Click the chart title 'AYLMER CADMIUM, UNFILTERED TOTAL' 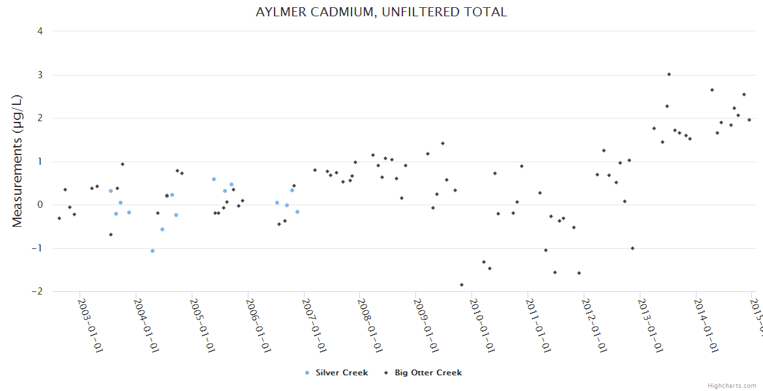click(x=381, y=12)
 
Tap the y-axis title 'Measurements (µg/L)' click(x=18, y=161)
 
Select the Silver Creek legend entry click(x=337, y=373)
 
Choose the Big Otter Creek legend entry click(x=424, y=373)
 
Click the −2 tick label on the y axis click(x=37, y=292)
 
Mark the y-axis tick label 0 click(x=40, y=205)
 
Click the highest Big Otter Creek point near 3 click(x=668, y=74)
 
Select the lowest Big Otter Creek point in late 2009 click(x=462, y=285)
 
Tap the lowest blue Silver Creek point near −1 click(x=153, y=251)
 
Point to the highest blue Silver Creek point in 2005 click(x=213, y=179)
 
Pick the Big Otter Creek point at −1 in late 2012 click(x=632, y=248)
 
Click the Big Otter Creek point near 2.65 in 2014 click(x=712, y=90)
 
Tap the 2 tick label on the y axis click(x=40, y=119)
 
